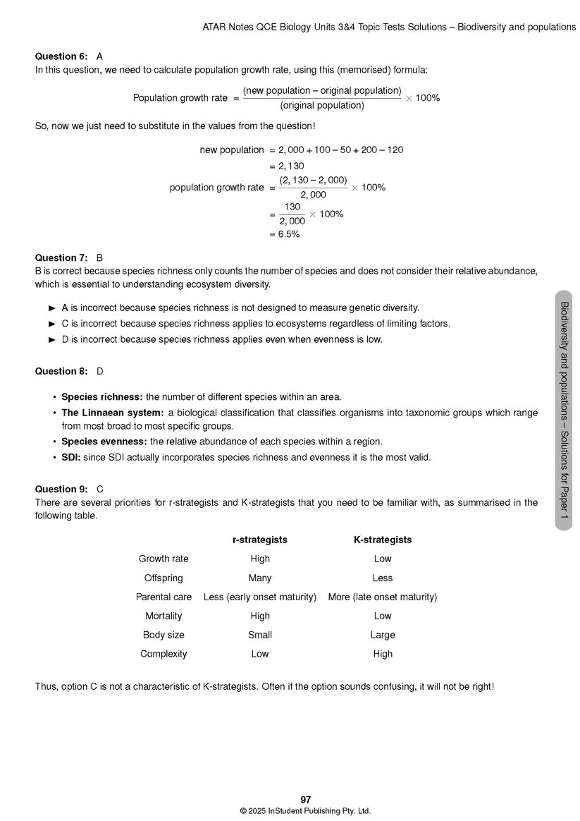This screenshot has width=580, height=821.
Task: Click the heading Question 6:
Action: coord(61,56)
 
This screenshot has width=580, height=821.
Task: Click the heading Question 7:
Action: coord(61,258)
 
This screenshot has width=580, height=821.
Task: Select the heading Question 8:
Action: coord(61,372)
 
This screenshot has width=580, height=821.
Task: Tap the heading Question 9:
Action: coord(61,489)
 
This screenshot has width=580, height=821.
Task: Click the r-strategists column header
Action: coord(260,540)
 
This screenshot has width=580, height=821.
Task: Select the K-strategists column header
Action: coord(383,540)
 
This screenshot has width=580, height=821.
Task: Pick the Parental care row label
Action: coord(163,597)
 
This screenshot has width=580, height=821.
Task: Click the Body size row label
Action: coord(163,635)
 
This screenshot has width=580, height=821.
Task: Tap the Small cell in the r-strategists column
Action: coord(260,635)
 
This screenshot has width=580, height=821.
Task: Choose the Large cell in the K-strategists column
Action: coord(383,635)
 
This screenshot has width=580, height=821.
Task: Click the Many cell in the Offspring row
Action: coord(260,578)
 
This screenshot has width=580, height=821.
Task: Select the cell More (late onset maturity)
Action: coord(383,597)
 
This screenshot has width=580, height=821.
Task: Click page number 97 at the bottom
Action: coord(305,800)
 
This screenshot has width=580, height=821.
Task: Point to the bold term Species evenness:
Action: coord(104,442)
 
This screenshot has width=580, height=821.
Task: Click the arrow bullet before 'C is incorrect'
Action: coord(52,324)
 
